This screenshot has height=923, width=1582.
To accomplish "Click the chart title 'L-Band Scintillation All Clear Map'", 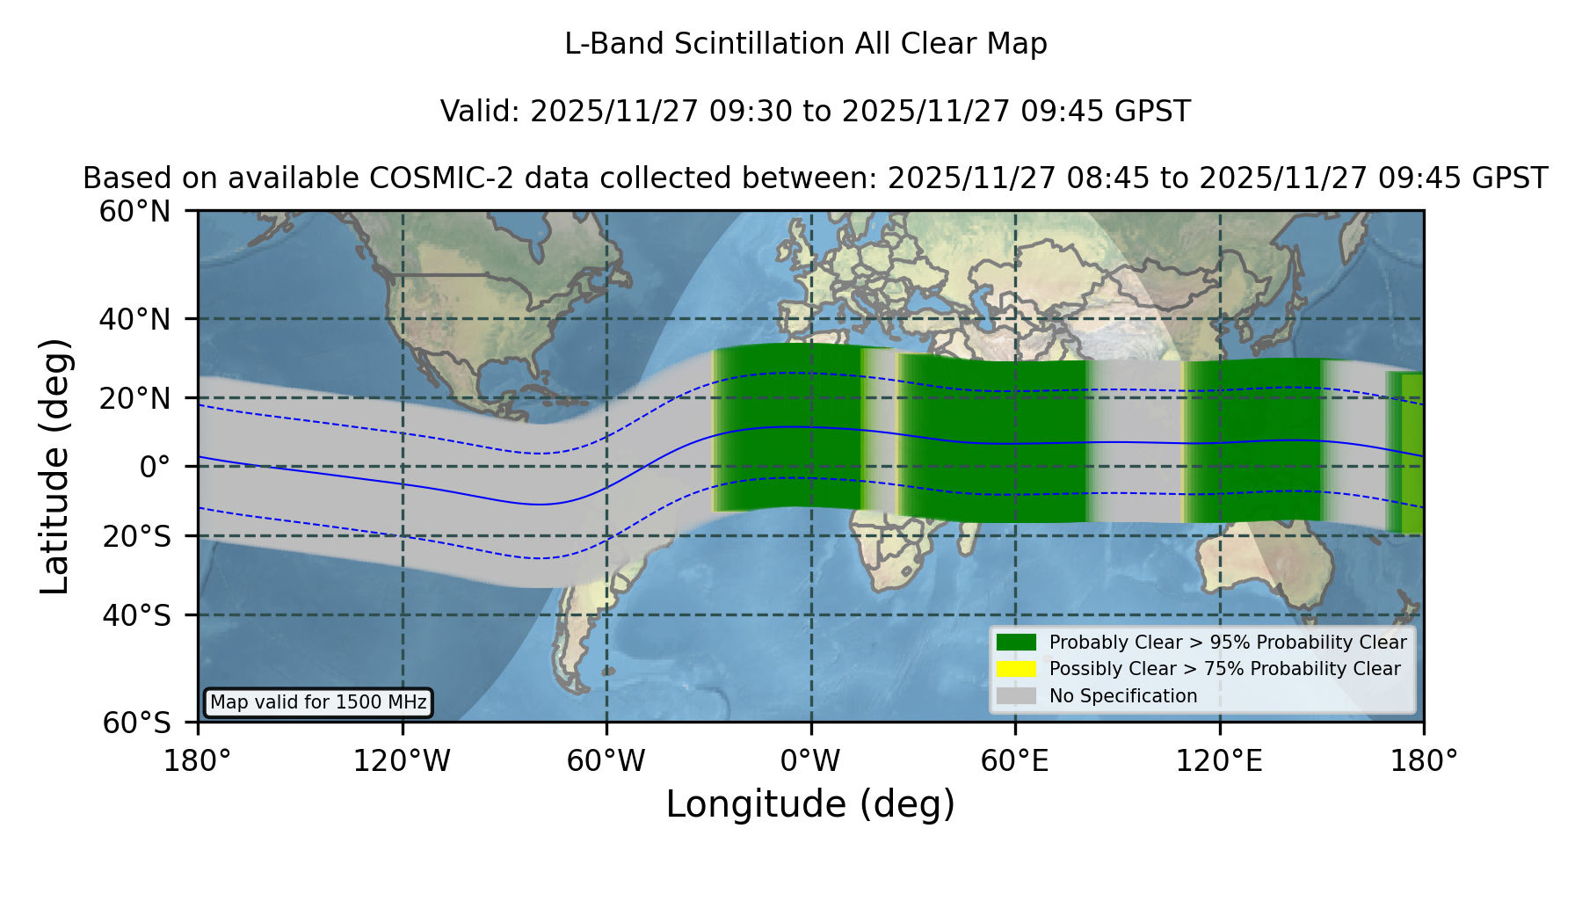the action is click(805, 43).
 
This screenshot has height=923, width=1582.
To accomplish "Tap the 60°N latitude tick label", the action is click(134, 211).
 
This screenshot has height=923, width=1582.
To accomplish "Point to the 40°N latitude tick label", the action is click(134, 319).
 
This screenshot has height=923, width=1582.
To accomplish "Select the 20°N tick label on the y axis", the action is click(134, 398).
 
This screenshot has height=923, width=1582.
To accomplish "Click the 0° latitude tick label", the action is click(155, 466).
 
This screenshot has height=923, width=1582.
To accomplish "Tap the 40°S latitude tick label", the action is click(136, 614).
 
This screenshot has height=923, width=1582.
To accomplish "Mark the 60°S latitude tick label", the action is click(136, 723).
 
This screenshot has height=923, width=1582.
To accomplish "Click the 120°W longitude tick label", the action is click(402, 760).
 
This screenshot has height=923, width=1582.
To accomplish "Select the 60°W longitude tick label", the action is click(606, 760).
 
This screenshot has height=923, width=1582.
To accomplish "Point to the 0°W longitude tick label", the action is click(810, 760).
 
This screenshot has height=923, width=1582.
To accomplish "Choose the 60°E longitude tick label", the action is click(1015, 760).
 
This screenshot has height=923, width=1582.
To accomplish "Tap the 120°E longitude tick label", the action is click(1220, 760).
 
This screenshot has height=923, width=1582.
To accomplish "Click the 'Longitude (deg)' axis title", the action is click(810, 804).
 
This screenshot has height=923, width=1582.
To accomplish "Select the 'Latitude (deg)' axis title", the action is click(54, 466).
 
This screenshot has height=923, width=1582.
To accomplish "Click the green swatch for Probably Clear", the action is click(1016, 642).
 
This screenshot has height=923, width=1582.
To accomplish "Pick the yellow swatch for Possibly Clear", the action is click(1016, 668).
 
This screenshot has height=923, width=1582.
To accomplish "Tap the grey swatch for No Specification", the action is click(1016, 695).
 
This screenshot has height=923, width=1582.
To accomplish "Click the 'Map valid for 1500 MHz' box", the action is click(318, 702).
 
